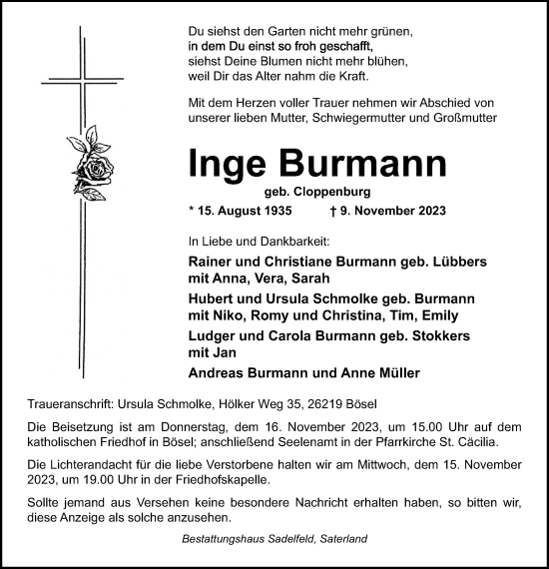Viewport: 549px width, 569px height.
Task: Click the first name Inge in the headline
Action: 227,165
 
